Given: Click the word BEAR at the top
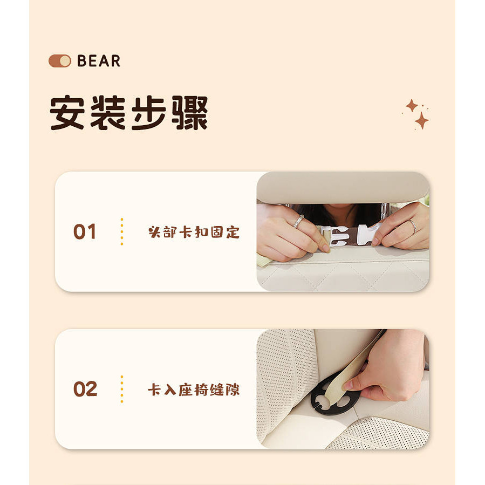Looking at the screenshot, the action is (x=99, y=61).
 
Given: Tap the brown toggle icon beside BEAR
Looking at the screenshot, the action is (x=60, y=61).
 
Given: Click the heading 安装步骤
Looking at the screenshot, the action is (x=129, y=113).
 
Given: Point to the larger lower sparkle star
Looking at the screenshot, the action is (x=421, y=121).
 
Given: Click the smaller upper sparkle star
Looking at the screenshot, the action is (x=412, y=106).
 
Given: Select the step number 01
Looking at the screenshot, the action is (x=85, y=231).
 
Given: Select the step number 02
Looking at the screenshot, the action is (x=85, y=389).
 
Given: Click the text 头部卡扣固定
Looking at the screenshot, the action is (x=194, y=232).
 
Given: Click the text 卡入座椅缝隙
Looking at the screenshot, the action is (x=194, y=390).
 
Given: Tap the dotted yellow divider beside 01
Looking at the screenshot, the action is (x=122, y=231).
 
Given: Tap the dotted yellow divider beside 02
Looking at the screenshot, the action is (x=122, y=389).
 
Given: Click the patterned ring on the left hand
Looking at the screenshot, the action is (x=298, y=221).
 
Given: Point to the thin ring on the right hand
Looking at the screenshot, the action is (x=413, y=226).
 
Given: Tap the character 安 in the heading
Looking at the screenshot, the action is (x=67, y=113).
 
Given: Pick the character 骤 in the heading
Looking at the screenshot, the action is (x=189, y=113).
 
